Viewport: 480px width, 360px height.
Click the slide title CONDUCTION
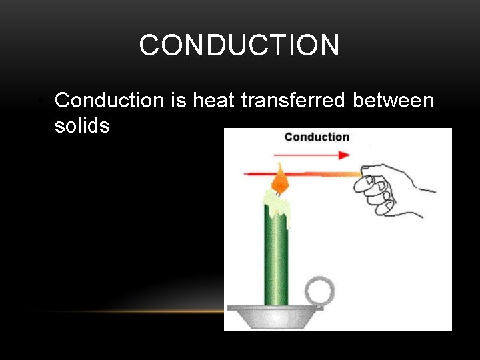click(239, 45)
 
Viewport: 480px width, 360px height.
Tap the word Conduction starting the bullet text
click(109, 101)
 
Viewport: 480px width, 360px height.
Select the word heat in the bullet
click(213, 101)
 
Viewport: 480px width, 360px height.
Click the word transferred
click(293, 101)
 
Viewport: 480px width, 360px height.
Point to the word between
click(393, 101)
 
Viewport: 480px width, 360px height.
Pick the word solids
click(82, 125)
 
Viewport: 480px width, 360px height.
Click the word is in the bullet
click(178, 101)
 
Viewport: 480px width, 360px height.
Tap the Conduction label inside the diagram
click(317, 137)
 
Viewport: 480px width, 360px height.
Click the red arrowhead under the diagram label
click(344, 155)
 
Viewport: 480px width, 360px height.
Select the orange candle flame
click(280, 180)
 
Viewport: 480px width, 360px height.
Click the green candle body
click(276, 260)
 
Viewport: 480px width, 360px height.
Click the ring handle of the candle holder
click(319, 291)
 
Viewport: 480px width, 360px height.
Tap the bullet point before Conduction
click(41, 101)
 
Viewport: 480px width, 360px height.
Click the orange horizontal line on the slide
click(133, 311)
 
